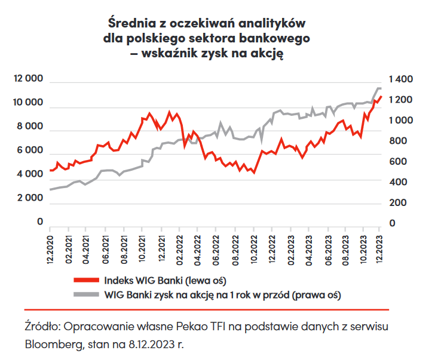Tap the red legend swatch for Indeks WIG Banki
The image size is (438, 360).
click(86, 279)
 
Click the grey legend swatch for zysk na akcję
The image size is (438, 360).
click(86, 294)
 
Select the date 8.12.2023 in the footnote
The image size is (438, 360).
click(157, 344)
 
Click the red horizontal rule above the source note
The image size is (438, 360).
click(206, 310)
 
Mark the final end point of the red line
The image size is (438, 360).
click(381, 97)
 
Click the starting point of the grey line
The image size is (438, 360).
click(50, 189)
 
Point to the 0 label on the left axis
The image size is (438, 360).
click(41, 222)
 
